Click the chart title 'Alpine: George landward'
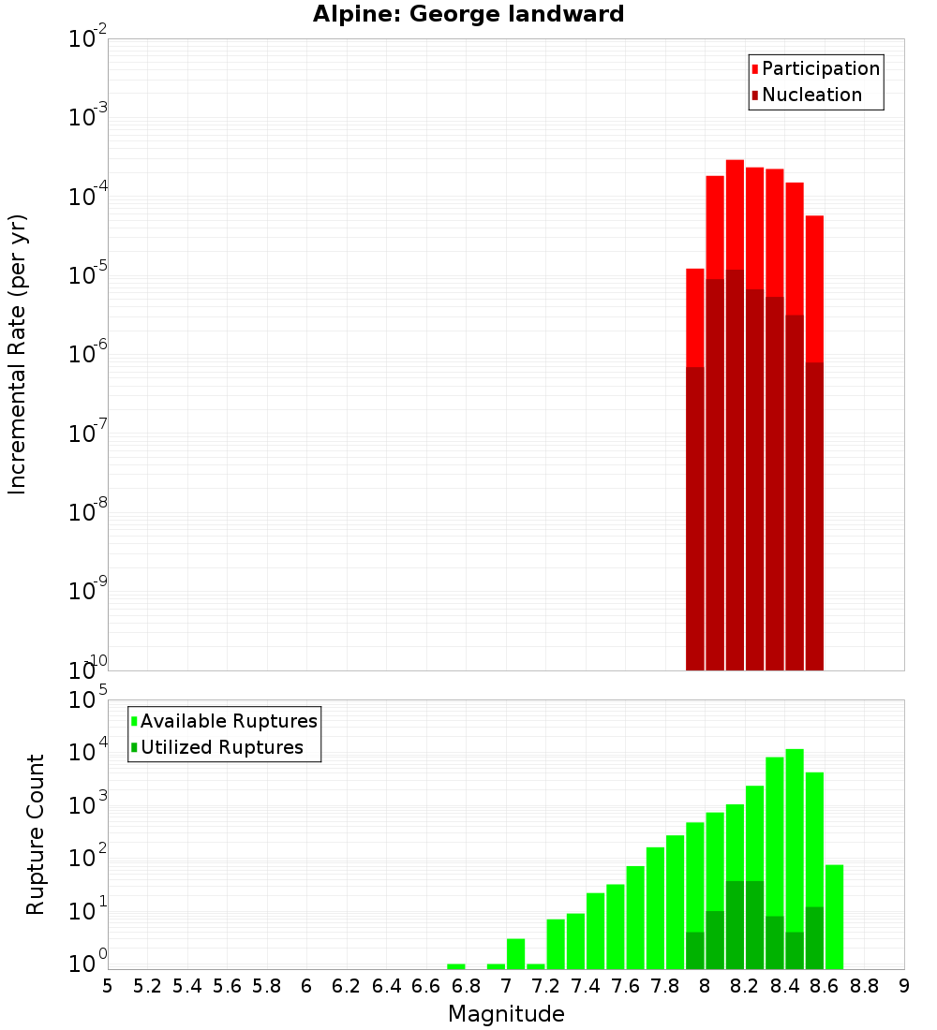[468, 14]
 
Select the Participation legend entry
[814, 68]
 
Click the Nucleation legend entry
[805, 95]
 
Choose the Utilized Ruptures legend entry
[216, 747]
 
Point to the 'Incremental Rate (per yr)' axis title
[18, 354]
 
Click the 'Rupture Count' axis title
[36, 833]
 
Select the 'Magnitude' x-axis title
[506, 1014]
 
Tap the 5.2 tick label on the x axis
[148, 986]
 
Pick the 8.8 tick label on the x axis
[864, 986]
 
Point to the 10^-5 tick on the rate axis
[86, 275]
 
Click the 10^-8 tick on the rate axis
[86, 512]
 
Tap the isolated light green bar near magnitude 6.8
[456, 966]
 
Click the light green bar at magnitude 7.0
[515, 953]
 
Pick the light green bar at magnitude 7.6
[635, 918]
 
